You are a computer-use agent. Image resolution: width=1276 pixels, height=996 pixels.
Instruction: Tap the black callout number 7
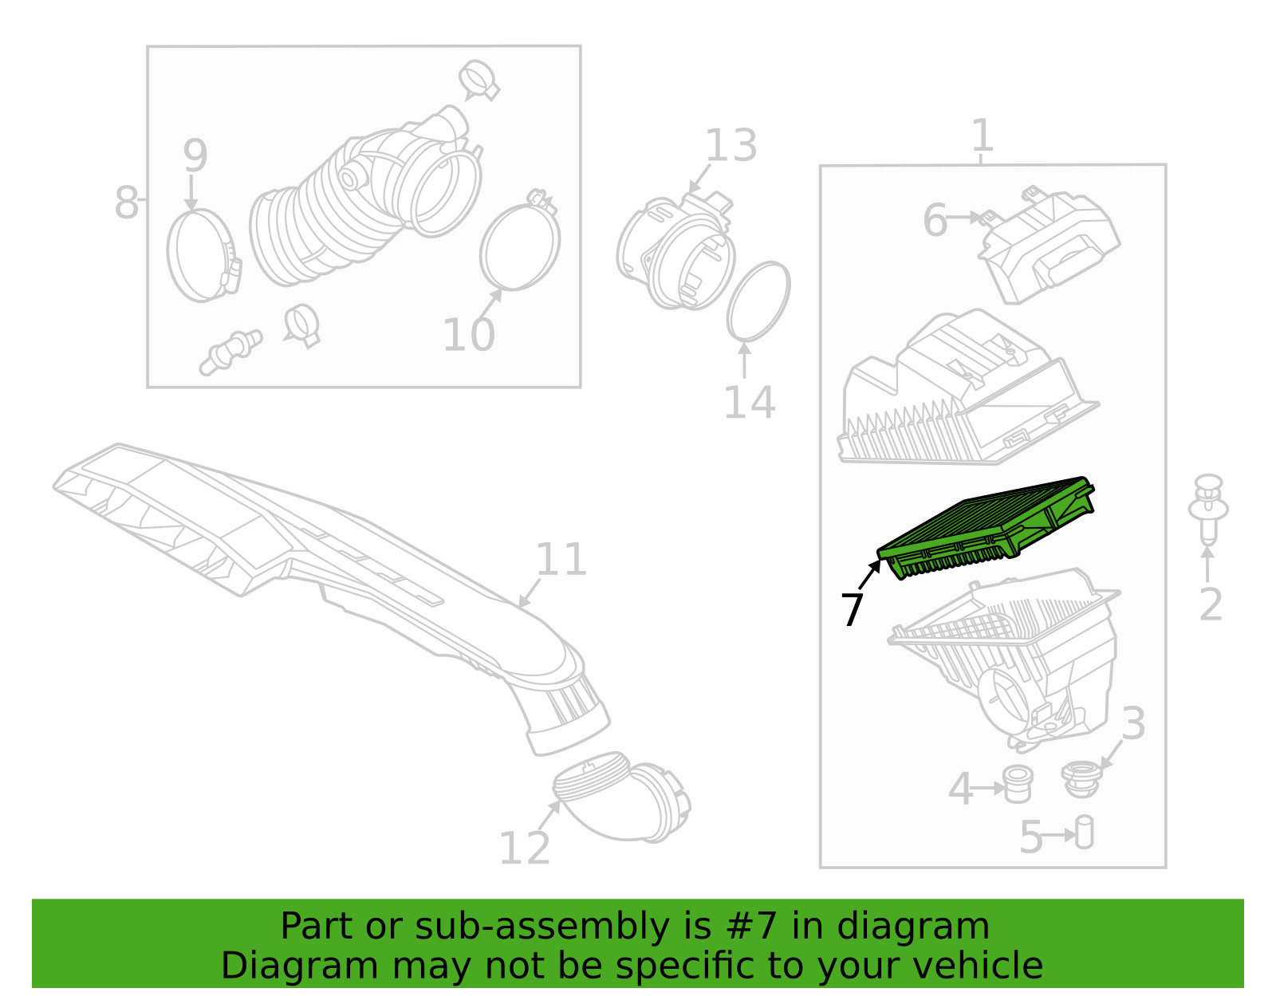852,610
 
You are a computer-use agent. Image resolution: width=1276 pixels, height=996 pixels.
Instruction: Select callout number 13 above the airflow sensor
731,146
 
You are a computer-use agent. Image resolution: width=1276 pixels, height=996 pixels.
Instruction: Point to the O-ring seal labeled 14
758,301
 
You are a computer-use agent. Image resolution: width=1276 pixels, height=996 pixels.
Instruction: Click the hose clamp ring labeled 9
171,255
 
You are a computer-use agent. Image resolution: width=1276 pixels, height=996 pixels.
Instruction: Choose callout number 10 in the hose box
469,335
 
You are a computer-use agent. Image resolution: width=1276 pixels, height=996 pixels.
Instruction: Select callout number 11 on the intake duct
561,559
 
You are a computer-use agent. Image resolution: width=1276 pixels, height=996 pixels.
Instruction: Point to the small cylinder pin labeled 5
1085,832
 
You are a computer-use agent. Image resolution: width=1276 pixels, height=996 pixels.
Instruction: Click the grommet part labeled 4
1018,784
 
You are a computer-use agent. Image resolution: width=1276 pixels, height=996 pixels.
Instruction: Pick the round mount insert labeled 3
1081,779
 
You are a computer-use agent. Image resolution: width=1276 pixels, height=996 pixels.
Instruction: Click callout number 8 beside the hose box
126,203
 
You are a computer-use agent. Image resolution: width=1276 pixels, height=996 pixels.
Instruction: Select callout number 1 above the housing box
983,136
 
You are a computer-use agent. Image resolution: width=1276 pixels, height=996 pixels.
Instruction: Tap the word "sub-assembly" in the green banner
542,927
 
